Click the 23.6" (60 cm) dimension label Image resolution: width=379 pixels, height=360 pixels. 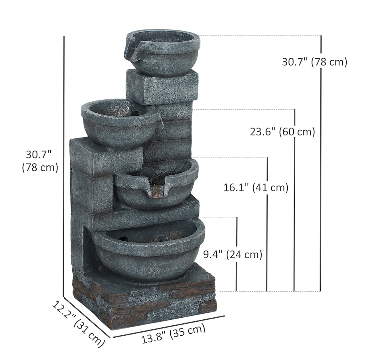pos(282,132)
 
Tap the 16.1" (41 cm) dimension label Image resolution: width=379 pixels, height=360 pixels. pos(256,187)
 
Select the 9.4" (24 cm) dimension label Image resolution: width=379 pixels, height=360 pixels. pos(233,254)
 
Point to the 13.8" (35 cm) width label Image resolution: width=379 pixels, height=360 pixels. pos(173,333)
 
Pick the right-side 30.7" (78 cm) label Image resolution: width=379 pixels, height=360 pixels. pos(314,62)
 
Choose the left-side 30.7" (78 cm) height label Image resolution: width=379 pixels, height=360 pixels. pos(40,161)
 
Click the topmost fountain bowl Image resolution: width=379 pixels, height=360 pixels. pos(162,52)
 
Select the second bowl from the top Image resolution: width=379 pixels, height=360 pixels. pos(120,123)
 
